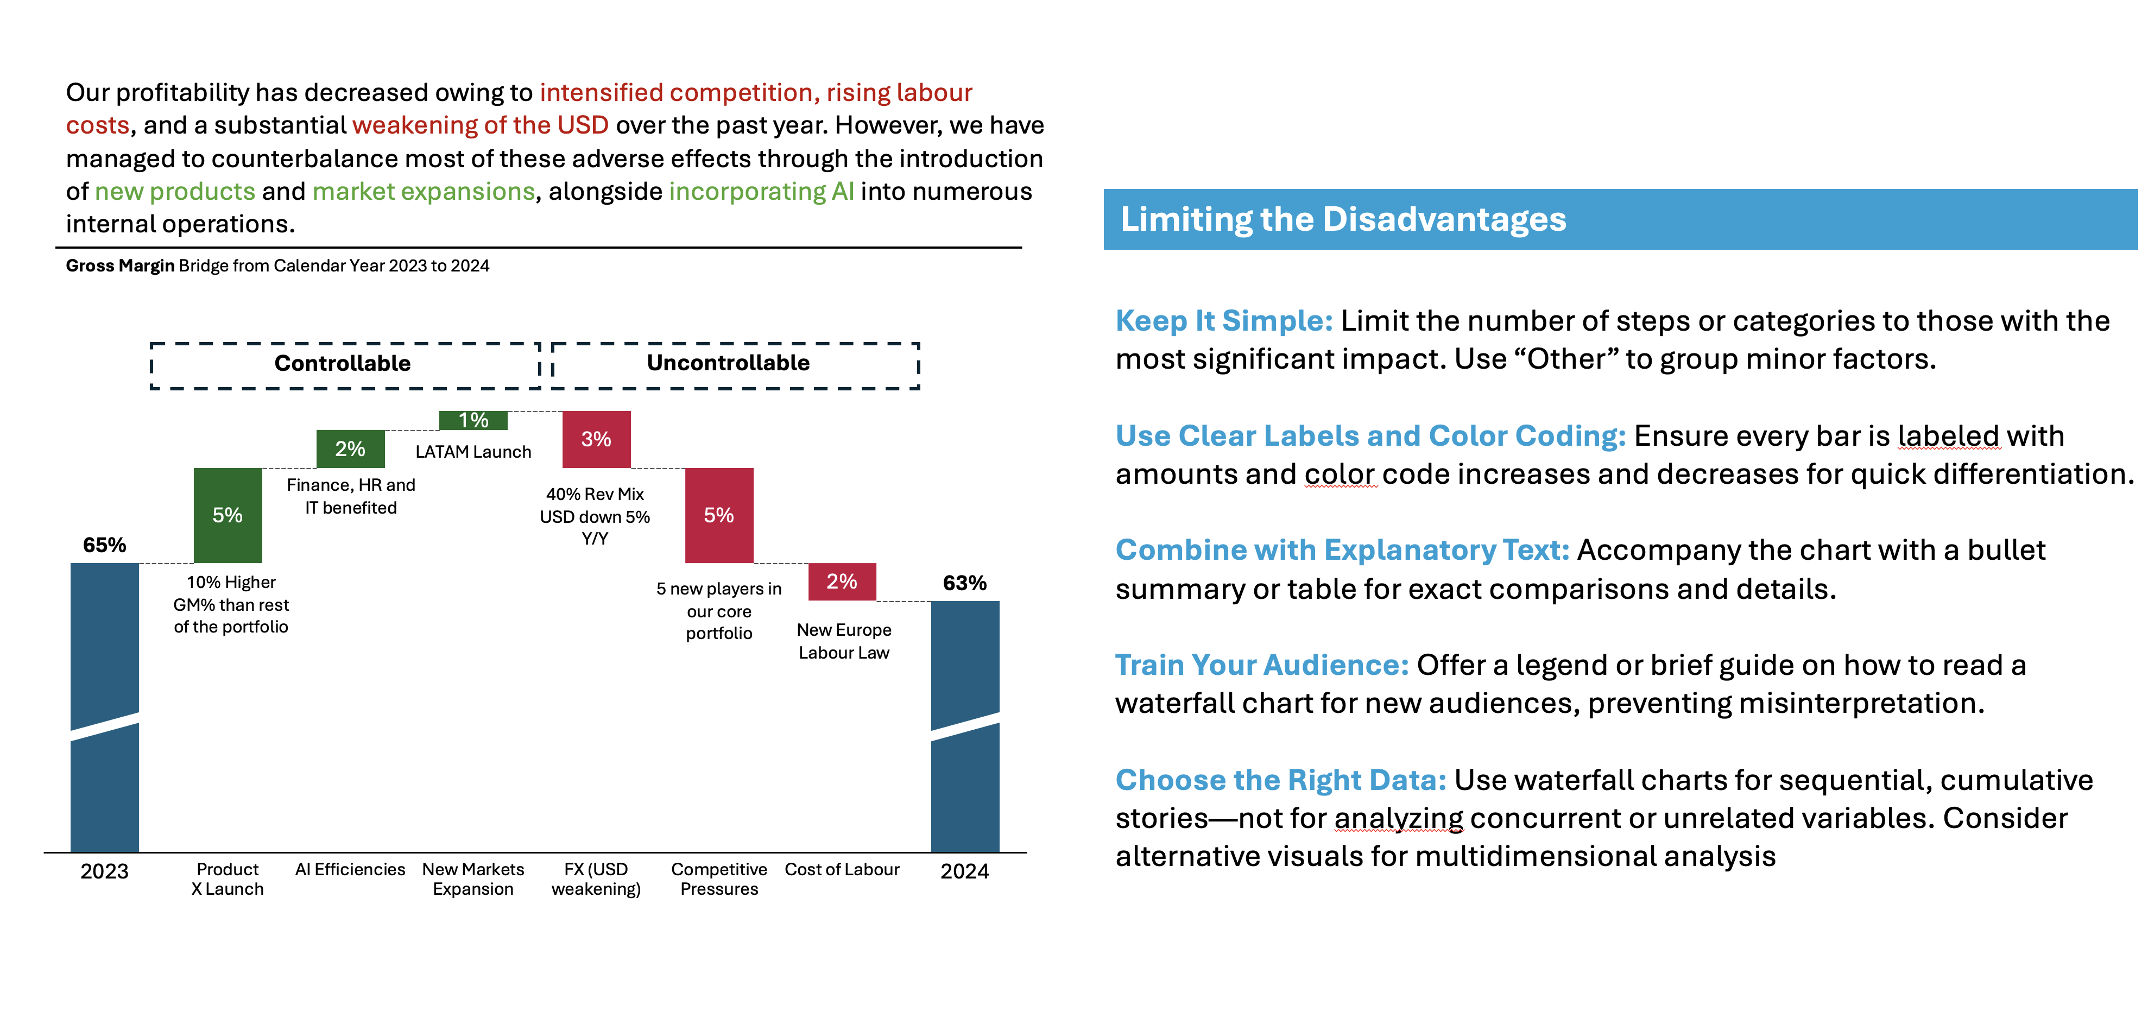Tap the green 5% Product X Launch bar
point(228,515)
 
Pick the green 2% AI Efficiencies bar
point(350,448)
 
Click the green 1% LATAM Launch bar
point(473,420)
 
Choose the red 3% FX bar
point(596,439)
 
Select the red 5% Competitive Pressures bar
point(719,515)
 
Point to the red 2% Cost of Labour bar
point(842,581)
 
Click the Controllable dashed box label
point(343,364)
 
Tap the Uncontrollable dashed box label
point(728,363)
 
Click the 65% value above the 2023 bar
point(104,545)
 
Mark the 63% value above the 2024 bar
point(965,583)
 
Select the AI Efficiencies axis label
point(350,870)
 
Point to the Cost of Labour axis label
point(842,870)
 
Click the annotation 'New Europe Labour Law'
point(844,641)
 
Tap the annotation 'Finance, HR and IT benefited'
point(351,496)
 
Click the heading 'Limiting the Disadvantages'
point(1342,219)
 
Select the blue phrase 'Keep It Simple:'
point(1224,321)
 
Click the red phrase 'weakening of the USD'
point(481,125)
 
